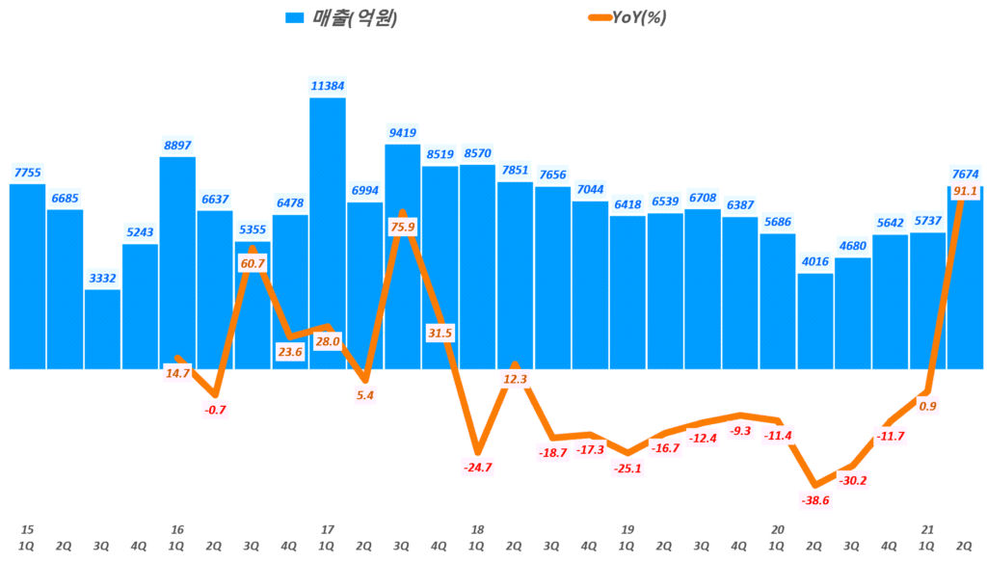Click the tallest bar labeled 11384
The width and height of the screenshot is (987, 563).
point(328,231)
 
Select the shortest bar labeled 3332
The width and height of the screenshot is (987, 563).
point(102,329)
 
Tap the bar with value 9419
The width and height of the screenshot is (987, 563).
point(403,255)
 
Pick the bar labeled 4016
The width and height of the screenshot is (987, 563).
point(815,321)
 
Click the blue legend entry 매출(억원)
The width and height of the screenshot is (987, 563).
point(342,17)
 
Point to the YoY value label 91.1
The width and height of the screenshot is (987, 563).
point(964,192)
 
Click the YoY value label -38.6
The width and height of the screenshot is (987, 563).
point(816,500)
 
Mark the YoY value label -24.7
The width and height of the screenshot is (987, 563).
point(478,468)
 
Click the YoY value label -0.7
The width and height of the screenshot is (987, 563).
point(215,410)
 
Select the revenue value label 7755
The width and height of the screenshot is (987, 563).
point(27,173)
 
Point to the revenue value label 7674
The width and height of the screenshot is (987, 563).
point(964,174)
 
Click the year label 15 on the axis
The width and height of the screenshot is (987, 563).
point(27,529)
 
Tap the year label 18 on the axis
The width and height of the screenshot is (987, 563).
point(478,529)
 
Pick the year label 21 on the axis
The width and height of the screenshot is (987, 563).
point(928,529)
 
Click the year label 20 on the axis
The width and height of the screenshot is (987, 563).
point(778,529)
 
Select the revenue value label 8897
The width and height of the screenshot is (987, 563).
point(177,146)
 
